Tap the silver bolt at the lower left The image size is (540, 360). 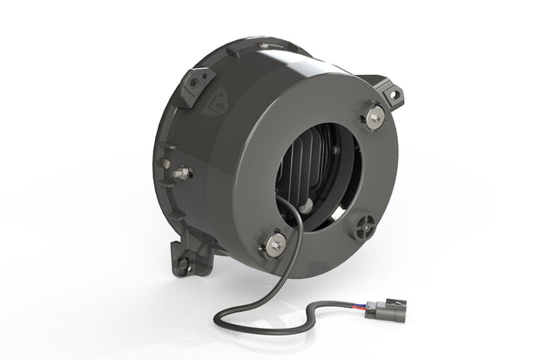(x=273, y=244)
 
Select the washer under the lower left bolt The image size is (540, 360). (x=273, y=247)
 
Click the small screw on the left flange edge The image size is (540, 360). (x=165, y=163)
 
